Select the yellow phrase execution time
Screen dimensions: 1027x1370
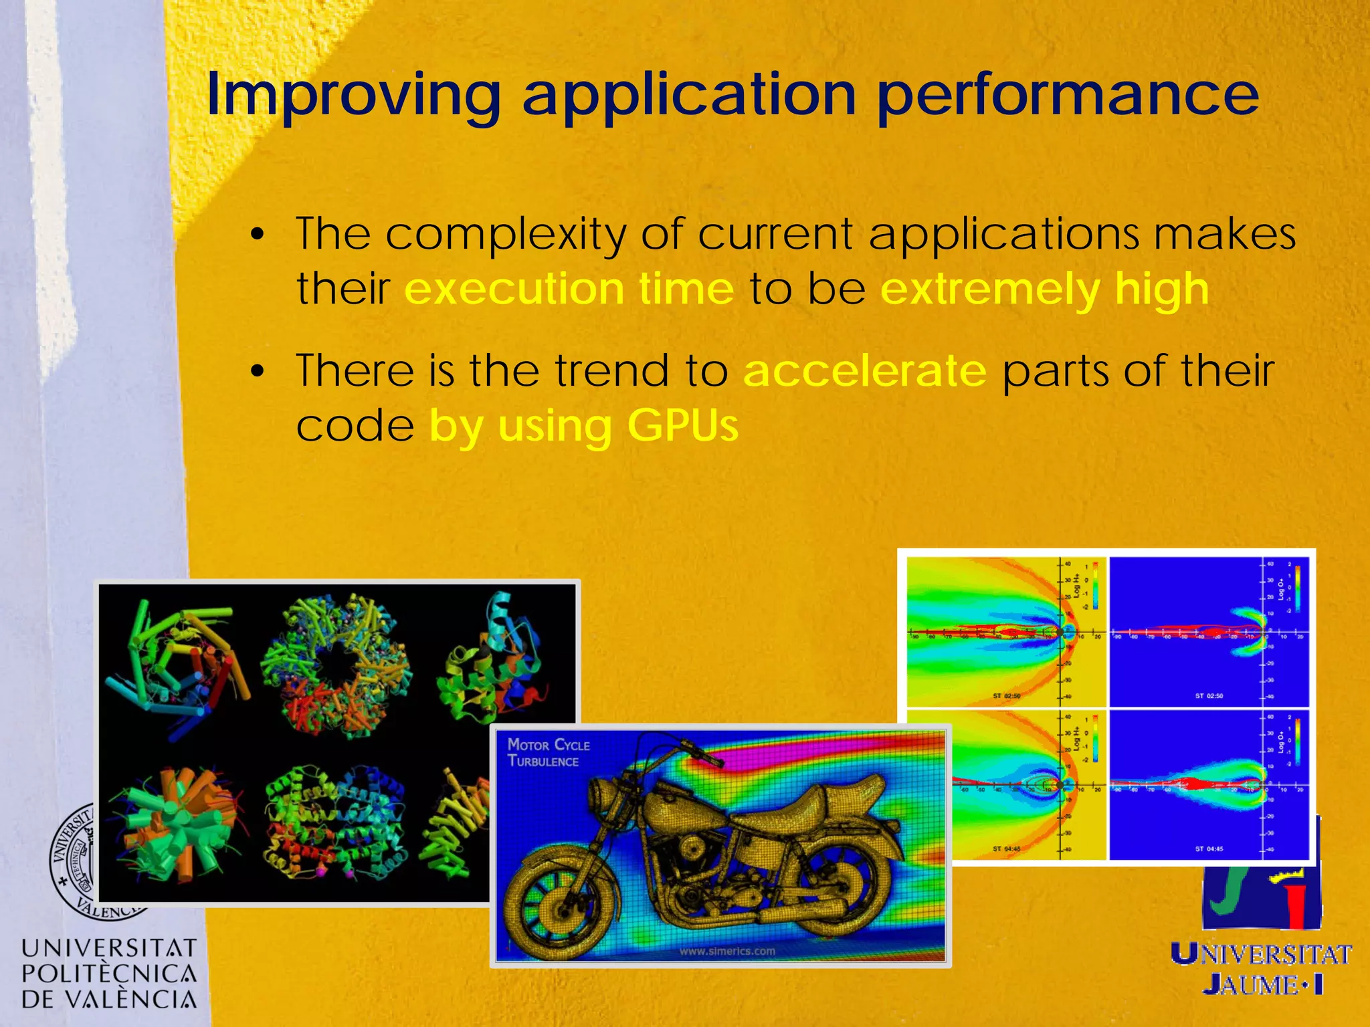(569, 289)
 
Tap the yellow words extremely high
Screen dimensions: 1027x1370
(1044, 289)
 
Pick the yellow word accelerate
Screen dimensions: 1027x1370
(864, 370)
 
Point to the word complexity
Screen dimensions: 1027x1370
(506, 235)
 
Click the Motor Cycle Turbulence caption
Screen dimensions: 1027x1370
(548, 753)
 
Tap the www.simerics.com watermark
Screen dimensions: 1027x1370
(726, 951)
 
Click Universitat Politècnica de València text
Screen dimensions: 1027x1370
(109, 974)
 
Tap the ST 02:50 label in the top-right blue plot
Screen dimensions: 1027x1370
(1209, 696)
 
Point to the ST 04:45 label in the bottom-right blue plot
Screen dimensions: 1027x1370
(1209, 848)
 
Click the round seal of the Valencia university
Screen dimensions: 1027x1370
(74, 863)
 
